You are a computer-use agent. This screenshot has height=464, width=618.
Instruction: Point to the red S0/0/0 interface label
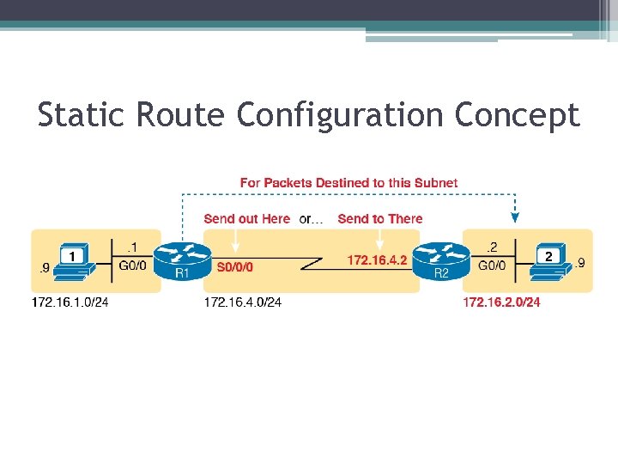point(235,267)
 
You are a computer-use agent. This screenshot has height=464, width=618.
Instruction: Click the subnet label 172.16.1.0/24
point(71,302)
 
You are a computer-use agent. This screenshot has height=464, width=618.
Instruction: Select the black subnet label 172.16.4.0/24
point(243,302)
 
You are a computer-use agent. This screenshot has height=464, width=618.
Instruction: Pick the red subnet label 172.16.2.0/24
point(501,302)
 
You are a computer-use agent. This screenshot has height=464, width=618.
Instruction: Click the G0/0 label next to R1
point(133,266)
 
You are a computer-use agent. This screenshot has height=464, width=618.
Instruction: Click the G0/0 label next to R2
point(492,266)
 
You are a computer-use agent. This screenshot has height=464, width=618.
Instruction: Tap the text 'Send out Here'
point(247,219)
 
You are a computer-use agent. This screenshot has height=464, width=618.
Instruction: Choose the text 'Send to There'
point(380,219)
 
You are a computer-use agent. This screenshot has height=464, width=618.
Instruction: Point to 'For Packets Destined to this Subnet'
point(348,183)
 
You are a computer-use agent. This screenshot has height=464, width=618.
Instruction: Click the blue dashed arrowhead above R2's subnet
point(515,217)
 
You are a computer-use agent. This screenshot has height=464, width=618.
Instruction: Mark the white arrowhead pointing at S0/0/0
point(234,247)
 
